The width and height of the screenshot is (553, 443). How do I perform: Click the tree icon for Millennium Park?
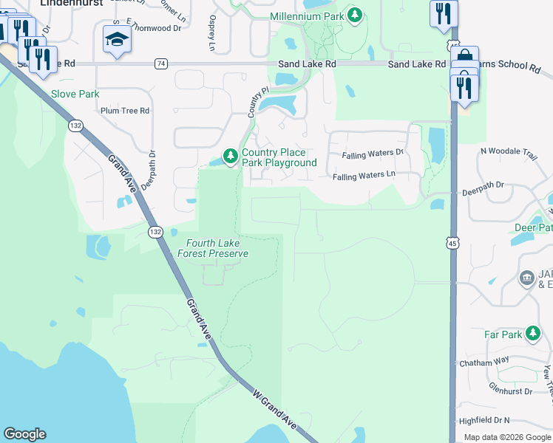click(x=356, y=16)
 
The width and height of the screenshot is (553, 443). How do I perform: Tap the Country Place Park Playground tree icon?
click(x=231, y=156)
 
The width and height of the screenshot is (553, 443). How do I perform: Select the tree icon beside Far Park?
click(x=533, y=334)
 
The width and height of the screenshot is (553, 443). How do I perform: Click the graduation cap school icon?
click(x=117, y=38)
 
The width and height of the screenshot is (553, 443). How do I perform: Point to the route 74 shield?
click(x=160, y=64)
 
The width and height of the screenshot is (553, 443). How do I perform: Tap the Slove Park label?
click(x=75, y=94)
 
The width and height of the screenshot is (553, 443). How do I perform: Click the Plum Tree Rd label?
click(x=125, y=111)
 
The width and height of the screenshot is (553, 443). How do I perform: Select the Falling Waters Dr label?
click(x=373, y=154)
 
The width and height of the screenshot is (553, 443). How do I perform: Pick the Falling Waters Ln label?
click(x=364, y=176)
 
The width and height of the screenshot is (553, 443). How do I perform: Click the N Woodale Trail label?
click(x=509, y=151)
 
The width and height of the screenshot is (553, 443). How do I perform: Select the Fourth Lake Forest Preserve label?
click(x=213, y=248)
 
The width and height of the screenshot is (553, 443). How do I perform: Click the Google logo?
click(x=24, y=434)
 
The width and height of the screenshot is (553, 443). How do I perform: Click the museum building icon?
click(x=527, y=278)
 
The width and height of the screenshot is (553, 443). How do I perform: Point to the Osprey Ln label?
click(x=212, y=34)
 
